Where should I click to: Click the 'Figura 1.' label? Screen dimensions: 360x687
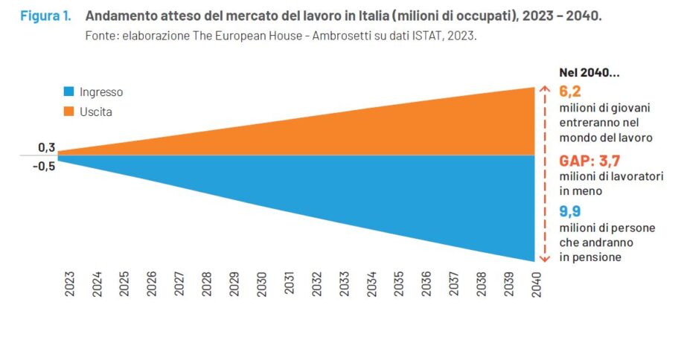point(45,16)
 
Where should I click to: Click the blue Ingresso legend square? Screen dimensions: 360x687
point(68,92)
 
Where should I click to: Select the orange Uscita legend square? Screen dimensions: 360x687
point(68,112)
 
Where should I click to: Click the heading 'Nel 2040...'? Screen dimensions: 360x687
point(589,73)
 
